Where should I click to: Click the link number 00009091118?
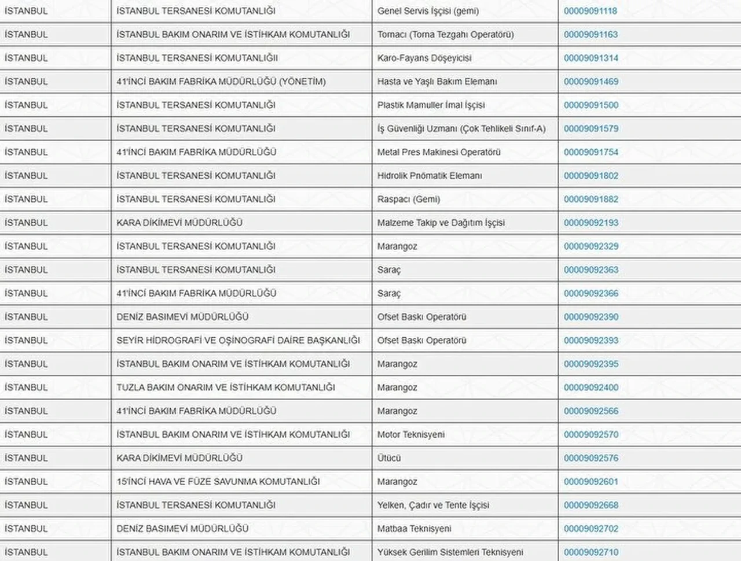[590, 11]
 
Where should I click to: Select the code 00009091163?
[590, 35]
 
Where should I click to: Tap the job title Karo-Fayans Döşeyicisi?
[424, 58]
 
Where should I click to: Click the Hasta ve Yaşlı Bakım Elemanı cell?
[437, 82]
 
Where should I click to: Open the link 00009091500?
[590, 105]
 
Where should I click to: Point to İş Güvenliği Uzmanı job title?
[461, 129]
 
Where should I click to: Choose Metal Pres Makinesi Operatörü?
[439, 152]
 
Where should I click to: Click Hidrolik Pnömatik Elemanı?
[430, 176]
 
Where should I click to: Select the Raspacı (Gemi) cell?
[409, 200]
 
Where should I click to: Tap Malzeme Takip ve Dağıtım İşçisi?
[441, 223]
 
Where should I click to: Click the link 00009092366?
[590, 294]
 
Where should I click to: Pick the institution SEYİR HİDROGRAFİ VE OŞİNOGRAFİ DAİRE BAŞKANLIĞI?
[238, 341]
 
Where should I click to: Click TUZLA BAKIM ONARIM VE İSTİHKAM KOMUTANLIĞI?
[226, 387]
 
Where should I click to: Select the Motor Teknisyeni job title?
[411, 435]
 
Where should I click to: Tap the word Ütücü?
[389, 458]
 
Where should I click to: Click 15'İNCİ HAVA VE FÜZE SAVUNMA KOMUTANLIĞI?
[218, 482]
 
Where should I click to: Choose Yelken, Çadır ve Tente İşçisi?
[433, 505]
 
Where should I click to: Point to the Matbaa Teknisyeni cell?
[414, 529]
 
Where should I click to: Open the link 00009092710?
[590, 552]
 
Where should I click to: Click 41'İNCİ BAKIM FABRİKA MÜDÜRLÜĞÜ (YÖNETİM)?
[221, 82]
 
